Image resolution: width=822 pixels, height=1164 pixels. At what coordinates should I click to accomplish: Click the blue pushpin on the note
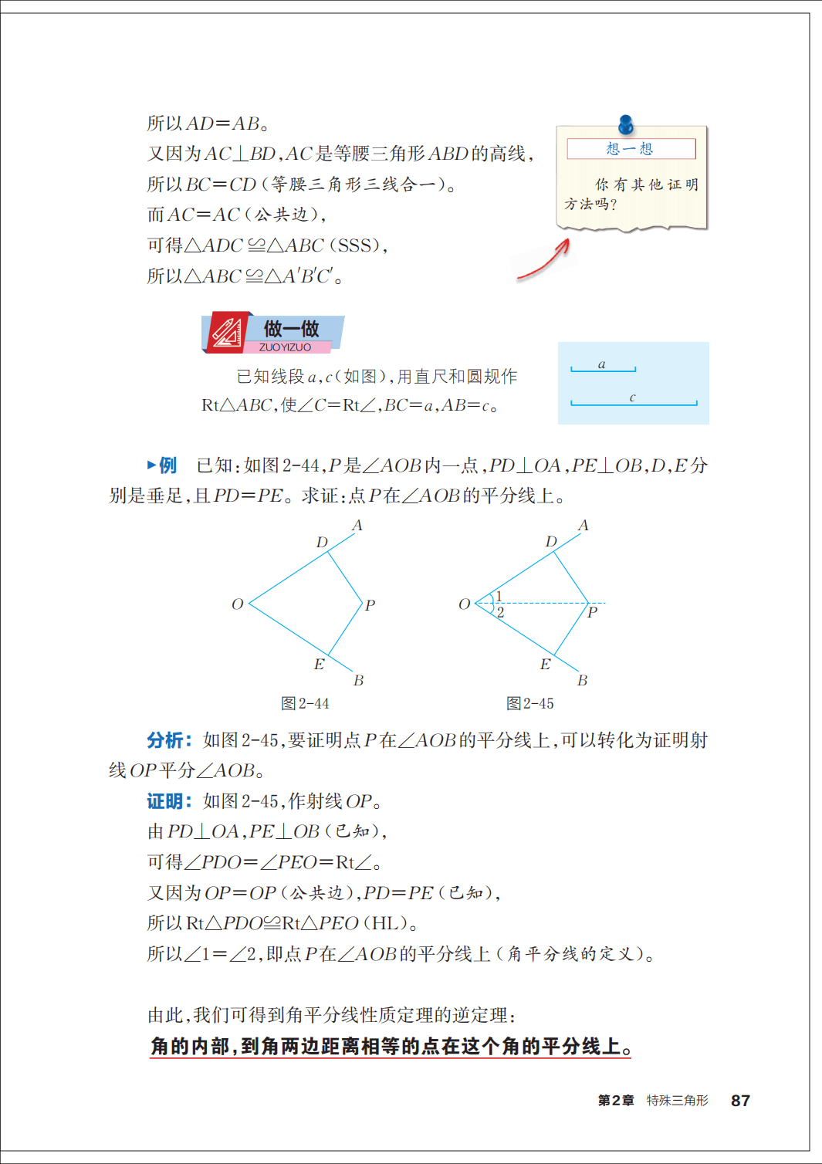[626, 124]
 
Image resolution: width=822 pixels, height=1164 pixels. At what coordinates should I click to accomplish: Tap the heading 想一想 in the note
[630, 149]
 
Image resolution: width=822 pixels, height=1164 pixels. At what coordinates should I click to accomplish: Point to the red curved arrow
[545, 261]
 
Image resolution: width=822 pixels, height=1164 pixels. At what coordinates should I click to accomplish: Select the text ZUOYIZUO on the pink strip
[285, 347]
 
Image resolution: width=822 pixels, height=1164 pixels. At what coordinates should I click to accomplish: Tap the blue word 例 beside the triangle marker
[167, 465]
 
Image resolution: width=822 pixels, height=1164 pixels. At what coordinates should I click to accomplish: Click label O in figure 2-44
[238, 604]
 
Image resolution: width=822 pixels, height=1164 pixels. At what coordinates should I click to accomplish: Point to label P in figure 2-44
[370, 605]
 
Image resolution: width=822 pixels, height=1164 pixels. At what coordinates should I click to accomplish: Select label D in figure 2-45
[551, 542]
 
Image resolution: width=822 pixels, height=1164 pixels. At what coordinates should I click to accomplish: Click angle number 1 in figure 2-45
[499, 596]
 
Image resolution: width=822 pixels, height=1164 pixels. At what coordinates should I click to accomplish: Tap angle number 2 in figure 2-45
[500, 613]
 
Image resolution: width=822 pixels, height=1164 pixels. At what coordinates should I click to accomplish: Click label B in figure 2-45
[583, 681]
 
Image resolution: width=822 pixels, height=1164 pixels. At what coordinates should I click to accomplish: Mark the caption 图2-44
[305, 704]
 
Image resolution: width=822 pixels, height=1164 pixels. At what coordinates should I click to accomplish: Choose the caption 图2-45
[530, 704]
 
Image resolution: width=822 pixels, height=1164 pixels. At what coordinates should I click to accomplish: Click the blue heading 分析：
[169, 740]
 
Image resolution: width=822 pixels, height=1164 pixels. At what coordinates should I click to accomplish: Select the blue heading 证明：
[169, 801]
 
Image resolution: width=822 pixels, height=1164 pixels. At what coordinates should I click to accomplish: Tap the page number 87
[740, 1101]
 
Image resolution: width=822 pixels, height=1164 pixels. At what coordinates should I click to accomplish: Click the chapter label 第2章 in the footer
[616, 1101]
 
